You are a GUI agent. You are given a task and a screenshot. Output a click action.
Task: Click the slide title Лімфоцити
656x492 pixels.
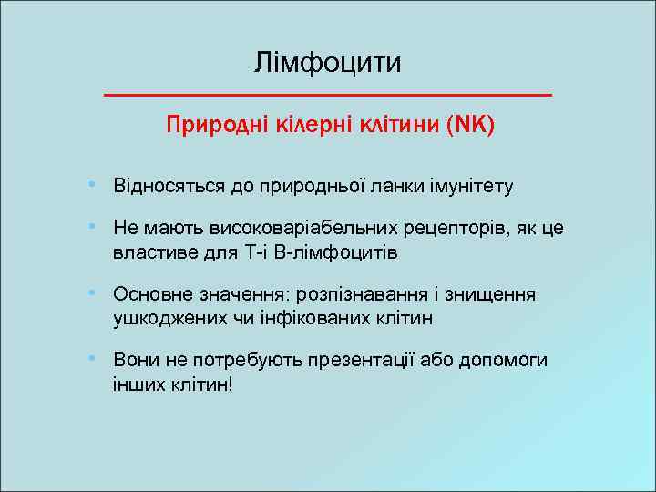327,64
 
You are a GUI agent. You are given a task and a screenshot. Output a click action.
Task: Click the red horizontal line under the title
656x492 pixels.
328,95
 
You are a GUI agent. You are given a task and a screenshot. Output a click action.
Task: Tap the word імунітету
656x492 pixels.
469,187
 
